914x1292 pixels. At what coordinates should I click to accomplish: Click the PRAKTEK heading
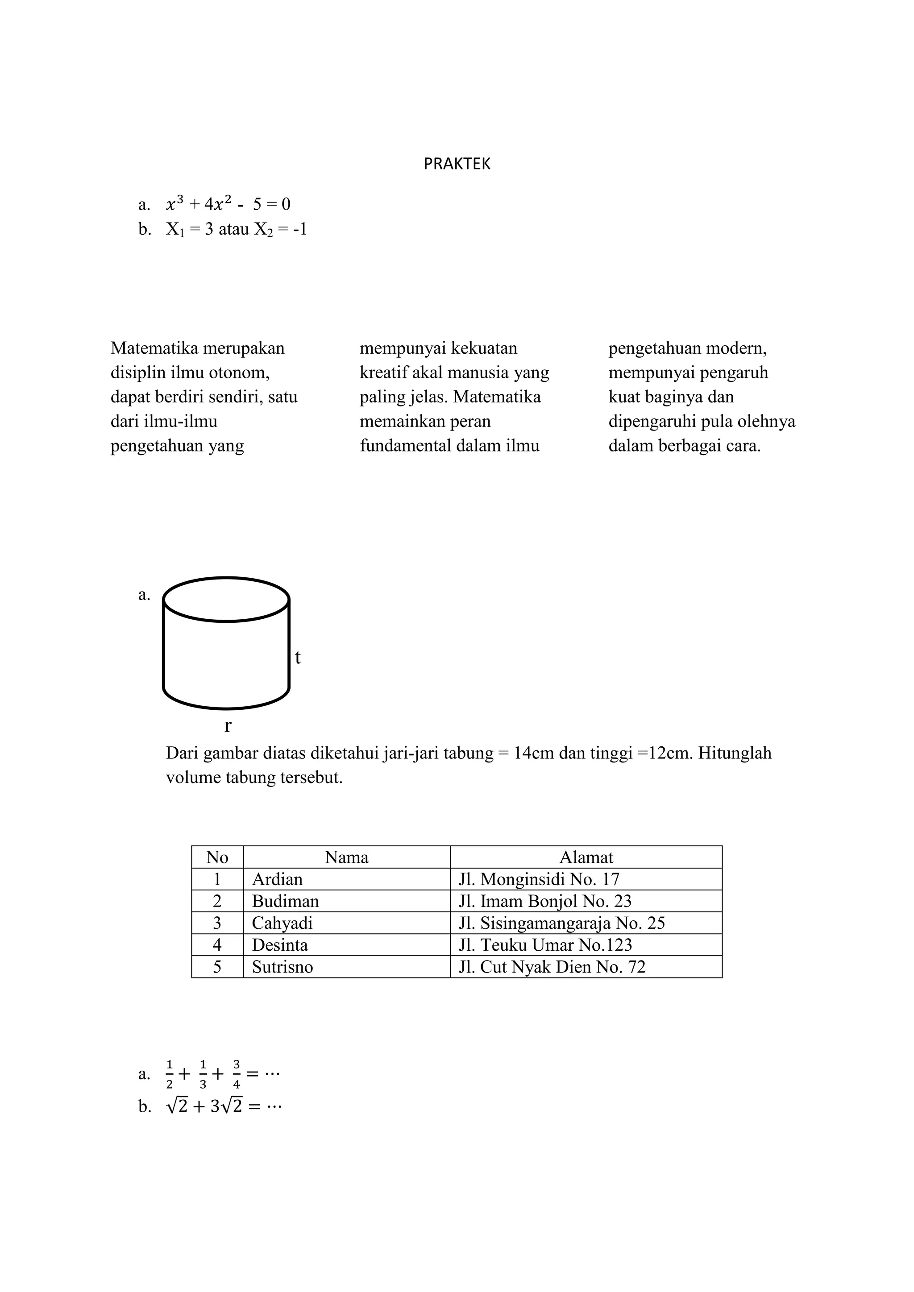pyautogui.click(x=457, y=164)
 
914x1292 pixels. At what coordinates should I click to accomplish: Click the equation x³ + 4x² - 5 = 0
pyautogui.click(x=228, y=204)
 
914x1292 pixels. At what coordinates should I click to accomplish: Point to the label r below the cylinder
pyautogui.click(x=227, y=726)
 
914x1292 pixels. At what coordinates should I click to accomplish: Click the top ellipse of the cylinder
pyautogui.click(x=226, y=599)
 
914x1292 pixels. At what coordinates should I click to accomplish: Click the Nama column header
pyautogui.click(x=347, y=857)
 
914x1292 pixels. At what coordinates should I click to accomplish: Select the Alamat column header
pyautogui.click(x=586, y=857)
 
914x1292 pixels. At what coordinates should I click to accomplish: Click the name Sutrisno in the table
pyautogui.click(x=282, y=967)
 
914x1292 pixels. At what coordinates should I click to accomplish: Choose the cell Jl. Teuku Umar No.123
pyautogui.click(x=545, y=945)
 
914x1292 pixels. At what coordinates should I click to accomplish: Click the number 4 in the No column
pyautogui.click(x=217, y=945)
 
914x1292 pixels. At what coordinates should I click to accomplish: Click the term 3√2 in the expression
pyautogui.click(x=226, y=1106)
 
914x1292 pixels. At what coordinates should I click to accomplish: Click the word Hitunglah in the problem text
pyautogui.click(x=735, y=753)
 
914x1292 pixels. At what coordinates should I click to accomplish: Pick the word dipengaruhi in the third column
pyautogui.click(x=653, y=422)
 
